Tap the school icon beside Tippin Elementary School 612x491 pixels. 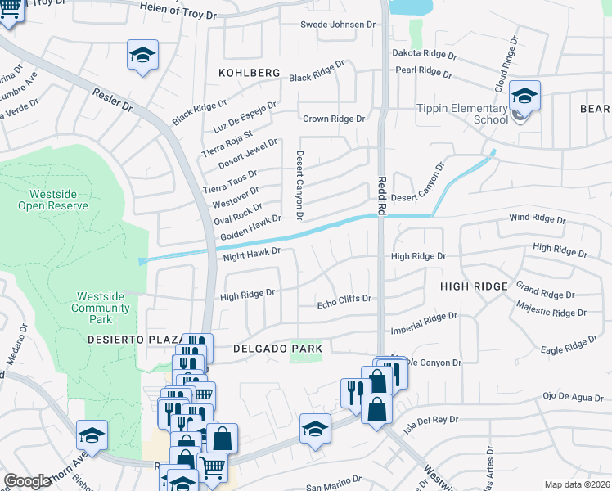pos(524,97)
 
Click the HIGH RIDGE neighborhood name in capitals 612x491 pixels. pos(474,286)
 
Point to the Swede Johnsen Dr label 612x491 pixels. pos(337,25)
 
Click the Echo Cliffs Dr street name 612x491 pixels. pos(344,300)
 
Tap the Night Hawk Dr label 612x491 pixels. pos(252,253)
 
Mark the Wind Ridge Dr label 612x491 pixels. pos(537,219)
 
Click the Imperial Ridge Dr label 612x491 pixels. pos(423,323)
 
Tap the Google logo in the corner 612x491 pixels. pos(27,481)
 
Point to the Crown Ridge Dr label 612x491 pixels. pos(333,119)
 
